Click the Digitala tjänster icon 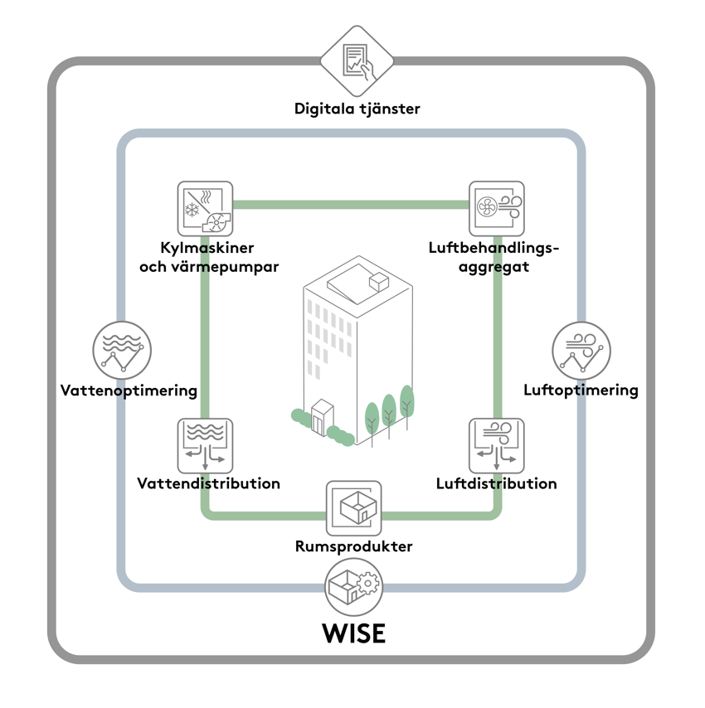pyautogui.click(x=357, y=61)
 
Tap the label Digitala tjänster pyautogui.click(x=357, y=109)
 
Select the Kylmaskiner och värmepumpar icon pyautogui.click(x=205, y=209)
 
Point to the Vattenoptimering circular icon pyautogui.click(x=122, y=351)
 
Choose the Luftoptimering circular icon pyautogui.click(x=581, y=351)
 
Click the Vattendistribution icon pyautogui.click(x=205, y=445)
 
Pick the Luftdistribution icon pyautogui.click(x=497, y=445)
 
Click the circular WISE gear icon pyautogui.click(x=354, y=585)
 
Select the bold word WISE pyautogui.click(x=354, y=633)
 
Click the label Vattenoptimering pyautogui.click(x=129, y=390)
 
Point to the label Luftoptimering pyautogui.click(x=581, y=390)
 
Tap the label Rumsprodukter pyautogui.click(x=354, y=547)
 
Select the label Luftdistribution pyautogui.click(x=496, y=484)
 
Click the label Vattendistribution pyautogui.click(x=208, y=484)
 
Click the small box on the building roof pyautogui.click(x=379, y=282)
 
